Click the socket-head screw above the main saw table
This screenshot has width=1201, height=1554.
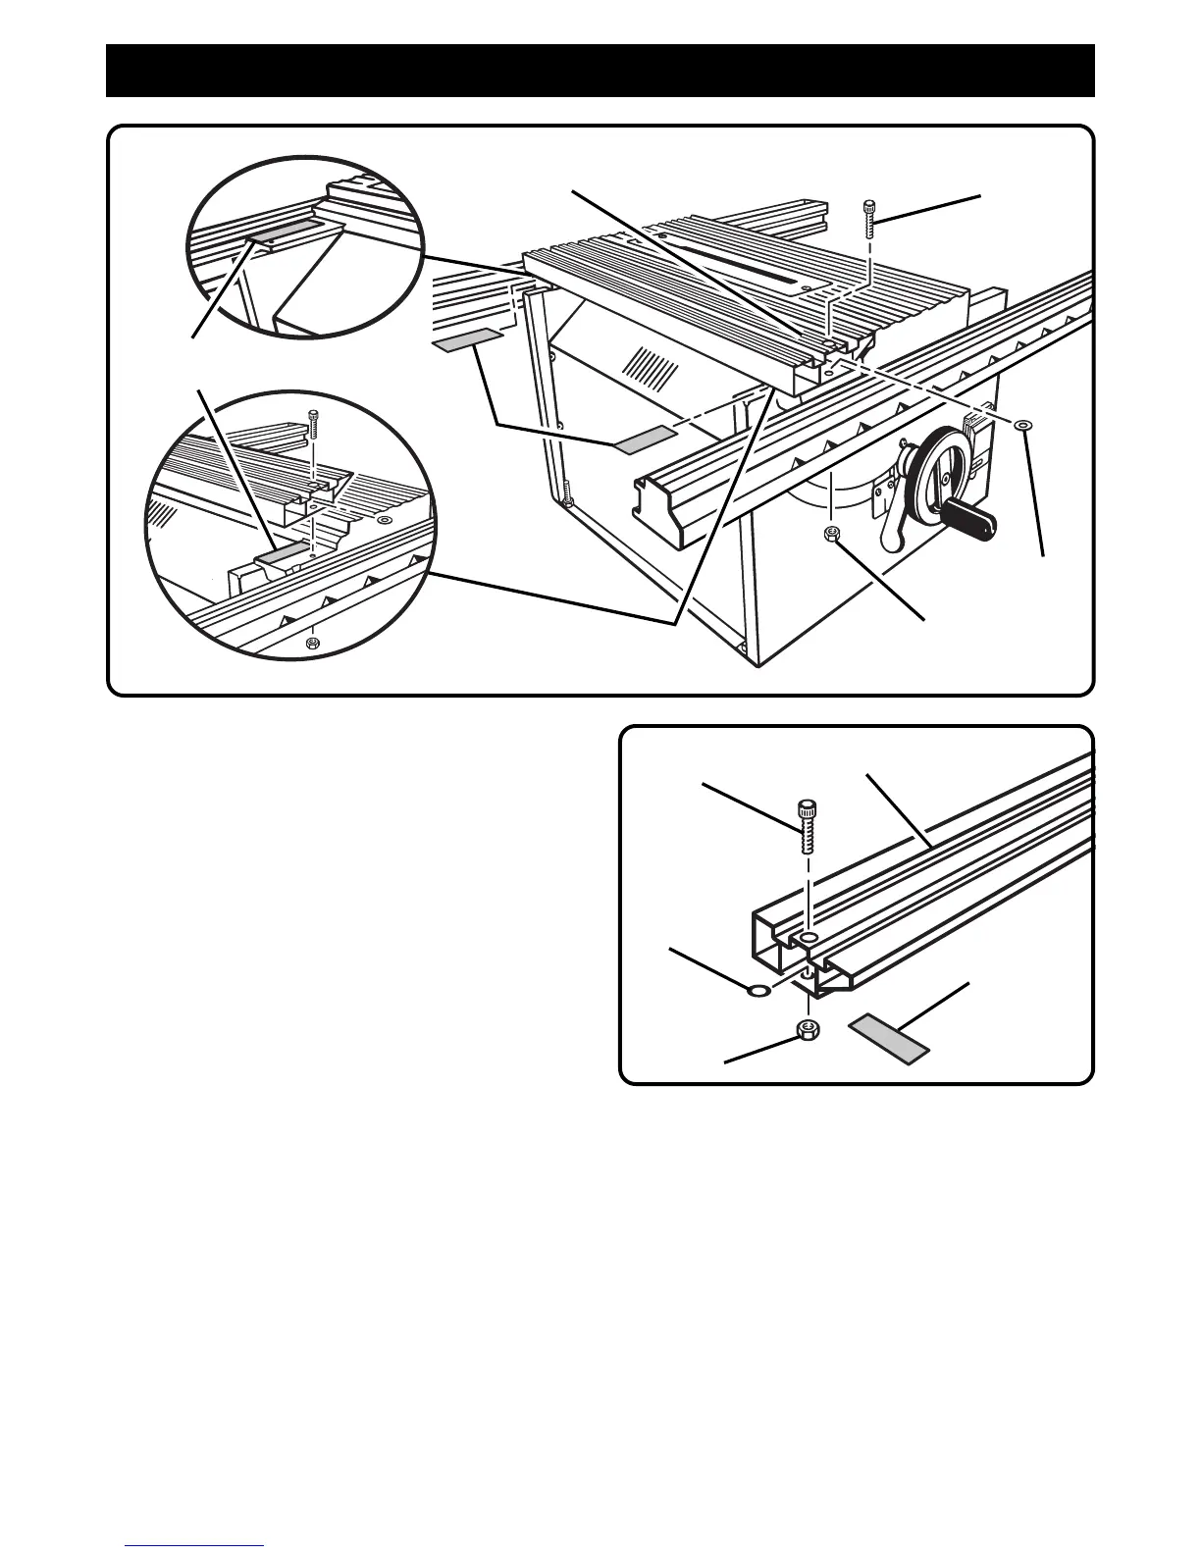tap(869, 218)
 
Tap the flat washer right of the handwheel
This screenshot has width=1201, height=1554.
tap(1023, 425)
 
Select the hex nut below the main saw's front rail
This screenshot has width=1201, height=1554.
tap(831, 535)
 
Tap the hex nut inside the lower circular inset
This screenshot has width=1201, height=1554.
tap(312, 643)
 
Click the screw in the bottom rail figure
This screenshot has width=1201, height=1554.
tap(807, 828)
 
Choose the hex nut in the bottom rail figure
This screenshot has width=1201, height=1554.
tap(807, 1029)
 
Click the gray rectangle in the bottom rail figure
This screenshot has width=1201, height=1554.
tap(889, 1039)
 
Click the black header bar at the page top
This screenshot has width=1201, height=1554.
tap(600, 71)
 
